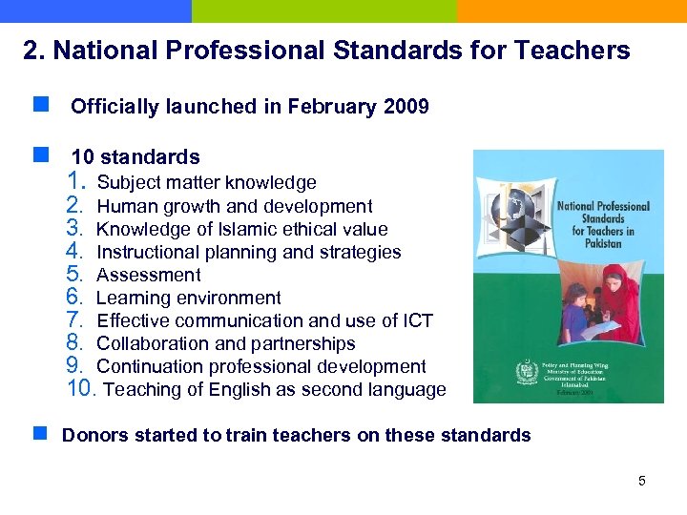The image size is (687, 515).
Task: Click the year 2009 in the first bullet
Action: coord(406,107)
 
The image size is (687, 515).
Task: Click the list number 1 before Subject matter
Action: coord(77,182)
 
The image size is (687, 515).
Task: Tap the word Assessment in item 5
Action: coord(149,275)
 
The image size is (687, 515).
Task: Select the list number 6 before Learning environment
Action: coord(77,298)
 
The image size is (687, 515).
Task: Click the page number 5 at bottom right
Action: coord(642,481)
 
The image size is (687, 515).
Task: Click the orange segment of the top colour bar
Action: coord(572,10)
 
